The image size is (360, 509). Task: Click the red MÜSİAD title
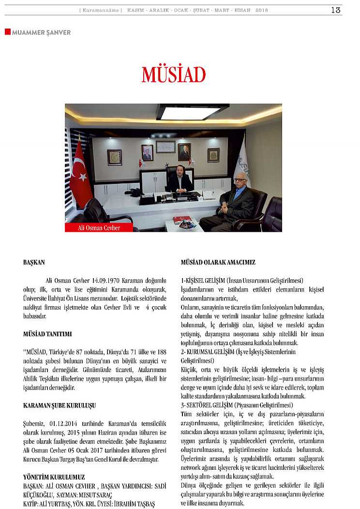click(x=174, y=75)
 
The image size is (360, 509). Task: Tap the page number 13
click(x=335, y=10)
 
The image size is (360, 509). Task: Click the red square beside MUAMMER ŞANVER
click(x=7, y=32)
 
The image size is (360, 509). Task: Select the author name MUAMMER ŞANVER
click(x=41, y=32)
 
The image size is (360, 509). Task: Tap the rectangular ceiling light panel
click(x=191, y=112)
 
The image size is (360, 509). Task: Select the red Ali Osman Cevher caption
click(x=99, y=227)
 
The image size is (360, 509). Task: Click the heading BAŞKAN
click(x=34, y=262)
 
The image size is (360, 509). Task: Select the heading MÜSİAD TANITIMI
click(x=47, y=334)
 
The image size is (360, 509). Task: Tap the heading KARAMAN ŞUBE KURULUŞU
click(x=59, y=405)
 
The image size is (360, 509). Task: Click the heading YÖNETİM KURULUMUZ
click(x=54, y=477)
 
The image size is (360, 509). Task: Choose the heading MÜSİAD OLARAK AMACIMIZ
click(x=218, y=262)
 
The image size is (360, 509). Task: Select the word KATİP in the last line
click(x=31, y=504)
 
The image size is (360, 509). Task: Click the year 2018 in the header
click(x=262, y=10)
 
